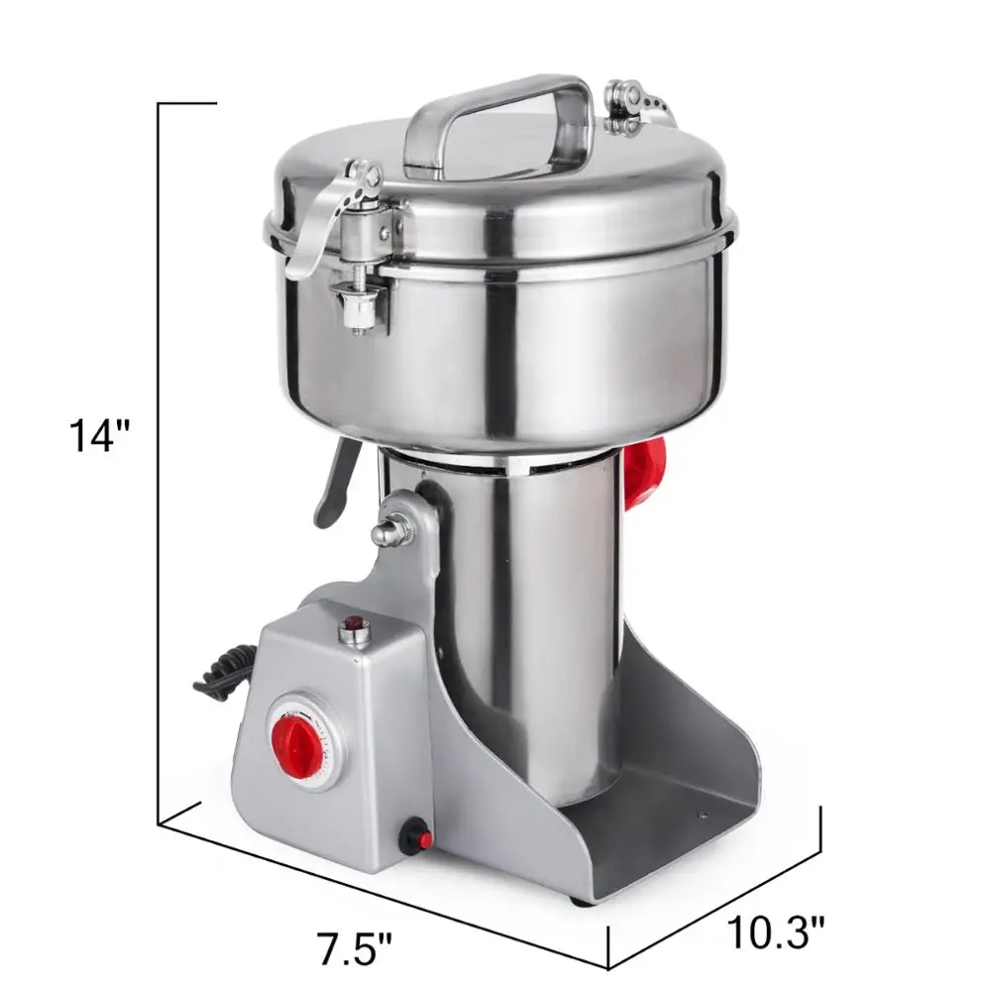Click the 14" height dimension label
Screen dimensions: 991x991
point(100,436)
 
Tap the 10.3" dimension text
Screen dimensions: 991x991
point(776,933)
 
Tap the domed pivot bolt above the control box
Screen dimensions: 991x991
point(389,529)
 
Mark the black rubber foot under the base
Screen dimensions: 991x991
point(581,900)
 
